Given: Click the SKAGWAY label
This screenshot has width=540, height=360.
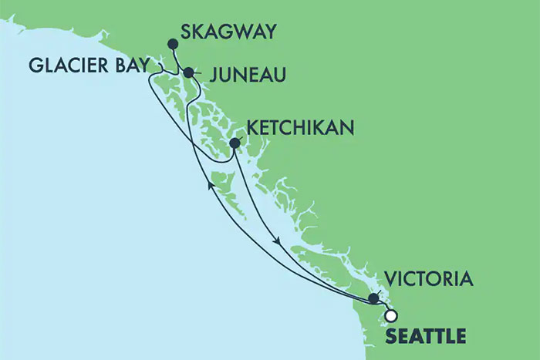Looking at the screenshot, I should (228, 33).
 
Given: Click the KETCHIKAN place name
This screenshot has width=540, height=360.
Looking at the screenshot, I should (300, 126).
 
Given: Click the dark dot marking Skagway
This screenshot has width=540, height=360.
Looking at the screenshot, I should (172, 44).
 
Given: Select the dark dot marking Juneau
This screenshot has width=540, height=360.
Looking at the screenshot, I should (188, 72).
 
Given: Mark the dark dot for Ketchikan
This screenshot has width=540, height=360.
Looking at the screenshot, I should (235, 142).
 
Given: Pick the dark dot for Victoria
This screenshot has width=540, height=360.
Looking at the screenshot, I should (373, 298).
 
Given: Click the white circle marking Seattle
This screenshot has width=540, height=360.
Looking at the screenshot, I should (390, 315).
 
